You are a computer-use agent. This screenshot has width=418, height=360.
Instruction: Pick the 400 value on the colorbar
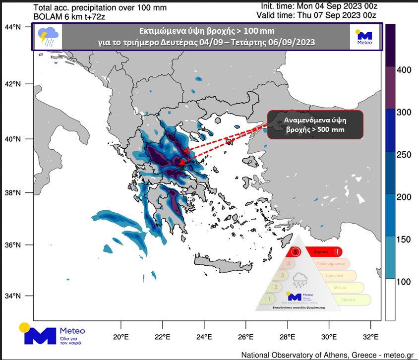pyautogui.click(x=405, y=70)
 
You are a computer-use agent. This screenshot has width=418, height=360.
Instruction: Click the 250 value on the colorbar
pyautogui.click(x=405, y=155)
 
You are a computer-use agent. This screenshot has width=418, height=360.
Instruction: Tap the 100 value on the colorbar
pyautogui.click(x=405, y=282)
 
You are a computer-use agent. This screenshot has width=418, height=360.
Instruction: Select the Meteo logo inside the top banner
pyautogui.click(x=364, y=37)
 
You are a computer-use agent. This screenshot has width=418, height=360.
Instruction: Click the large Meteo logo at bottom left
pyautogui.click(x=52, y=334)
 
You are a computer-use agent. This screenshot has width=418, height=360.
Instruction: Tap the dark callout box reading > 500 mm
pyautogui.click(x=315, y=124)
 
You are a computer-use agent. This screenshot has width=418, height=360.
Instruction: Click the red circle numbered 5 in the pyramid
pyautogui.click(x=296, y=252)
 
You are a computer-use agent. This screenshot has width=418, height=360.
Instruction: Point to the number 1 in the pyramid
pyautogui.click(x=268, y=299)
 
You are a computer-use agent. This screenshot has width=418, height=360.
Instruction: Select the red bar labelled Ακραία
pyautogui.click(x=322, y=252)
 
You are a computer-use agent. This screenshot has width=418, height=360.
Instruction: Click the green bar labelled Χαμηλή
pyautogui.click(x=347, y=299)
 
